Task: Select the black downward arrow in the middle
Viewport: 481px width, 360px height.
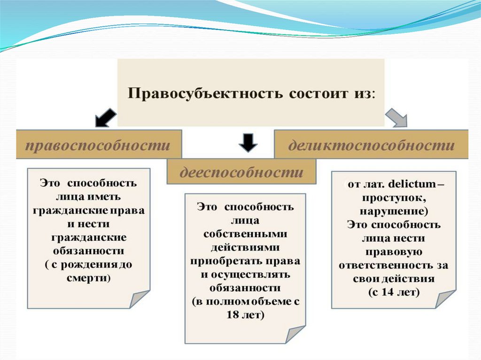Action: click(x=248, y=142)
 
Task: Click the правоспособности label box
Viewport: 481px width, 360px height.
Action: click(x=98, y=145)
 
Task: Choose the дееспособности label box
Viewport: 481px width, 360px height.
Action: click(x=241, y=172)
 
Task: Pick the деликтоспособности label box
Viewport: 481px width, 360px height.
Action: click(x=371, y=145)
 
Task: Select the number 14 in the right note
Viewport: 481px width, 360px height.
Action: click(x=387, y=292)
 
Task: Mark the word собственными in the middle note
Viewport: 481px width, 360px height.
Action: click(x=245, y=233)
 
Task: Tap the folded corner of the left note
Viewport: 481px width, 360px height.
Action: click(x=140, y=299)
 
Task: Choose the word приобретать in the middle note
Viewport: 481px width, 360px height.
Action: click(x=223, y=260)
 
